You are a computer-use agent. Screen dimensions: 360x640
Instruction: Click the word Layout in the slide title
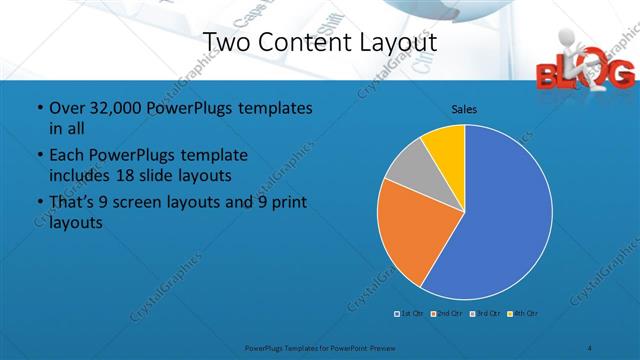391,42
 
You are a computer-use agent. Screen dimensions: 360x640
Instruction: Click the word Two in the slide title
225,42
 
